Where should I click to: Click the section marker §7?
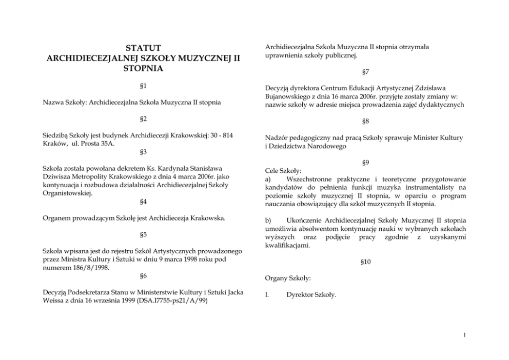[x=365, y=73]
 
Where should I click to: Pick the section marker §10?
[x=365, y=262]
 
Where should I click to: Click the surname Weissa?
[x=54, y=301]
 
